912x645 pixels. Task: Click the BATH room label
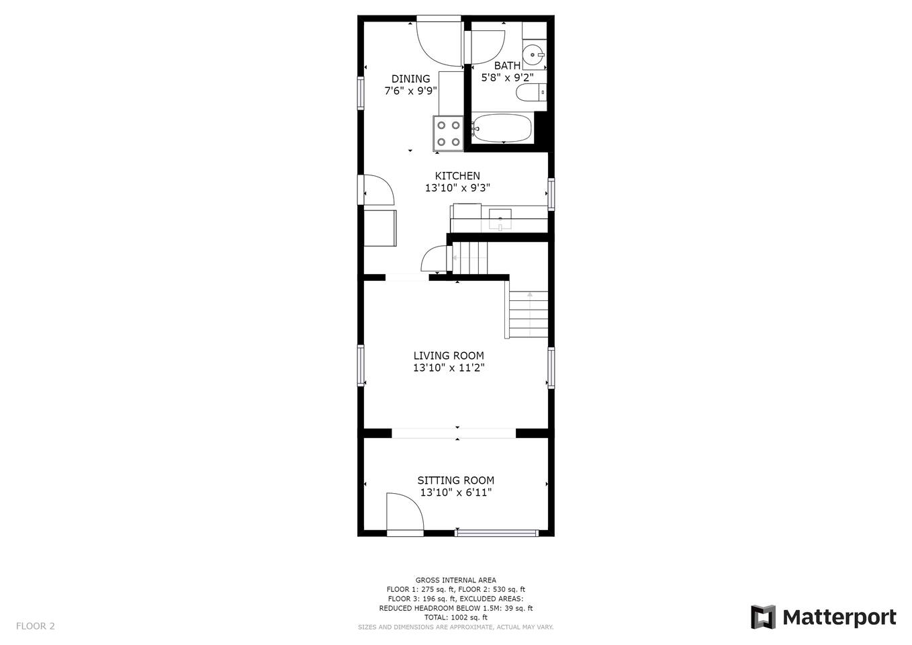coord(507,66)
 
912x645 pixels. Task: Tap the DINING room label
coord(410,79)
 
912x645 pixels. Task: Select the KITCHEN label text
coord(457,176)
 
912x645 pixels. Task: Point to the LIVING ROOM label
coord(449,355)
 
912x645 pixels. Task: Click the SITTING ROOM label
coord(455,480)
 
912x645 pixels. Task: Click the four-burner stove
coord(448,133)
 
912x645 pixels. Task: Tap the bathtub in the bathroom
coord(502,128)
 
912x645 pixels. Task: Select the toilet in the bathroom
coord(531,93)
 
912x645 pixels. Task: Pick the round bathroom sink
coord(534,54)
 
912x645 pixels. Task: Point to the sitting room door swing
coord(405,511)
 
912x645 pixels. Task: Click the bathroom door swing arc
coord(488,47)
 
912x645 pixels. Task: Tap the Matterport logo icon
coord(763,617)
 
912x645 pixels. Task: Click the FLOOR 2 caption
coord(36,626)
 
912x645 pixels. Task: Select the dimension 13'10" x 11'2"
coord(449,368)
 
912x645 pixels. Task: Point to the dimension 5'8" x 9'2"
coord(507,77)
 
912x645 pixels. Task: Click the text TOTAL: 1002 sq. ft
coord(455,617)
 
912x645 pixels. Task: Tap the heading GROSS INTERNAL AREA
coord(455,580)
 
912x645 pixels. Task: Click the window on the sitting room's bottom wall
coord(497,533)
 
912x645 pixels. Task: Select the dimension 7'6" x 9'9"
coord(411,91)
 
